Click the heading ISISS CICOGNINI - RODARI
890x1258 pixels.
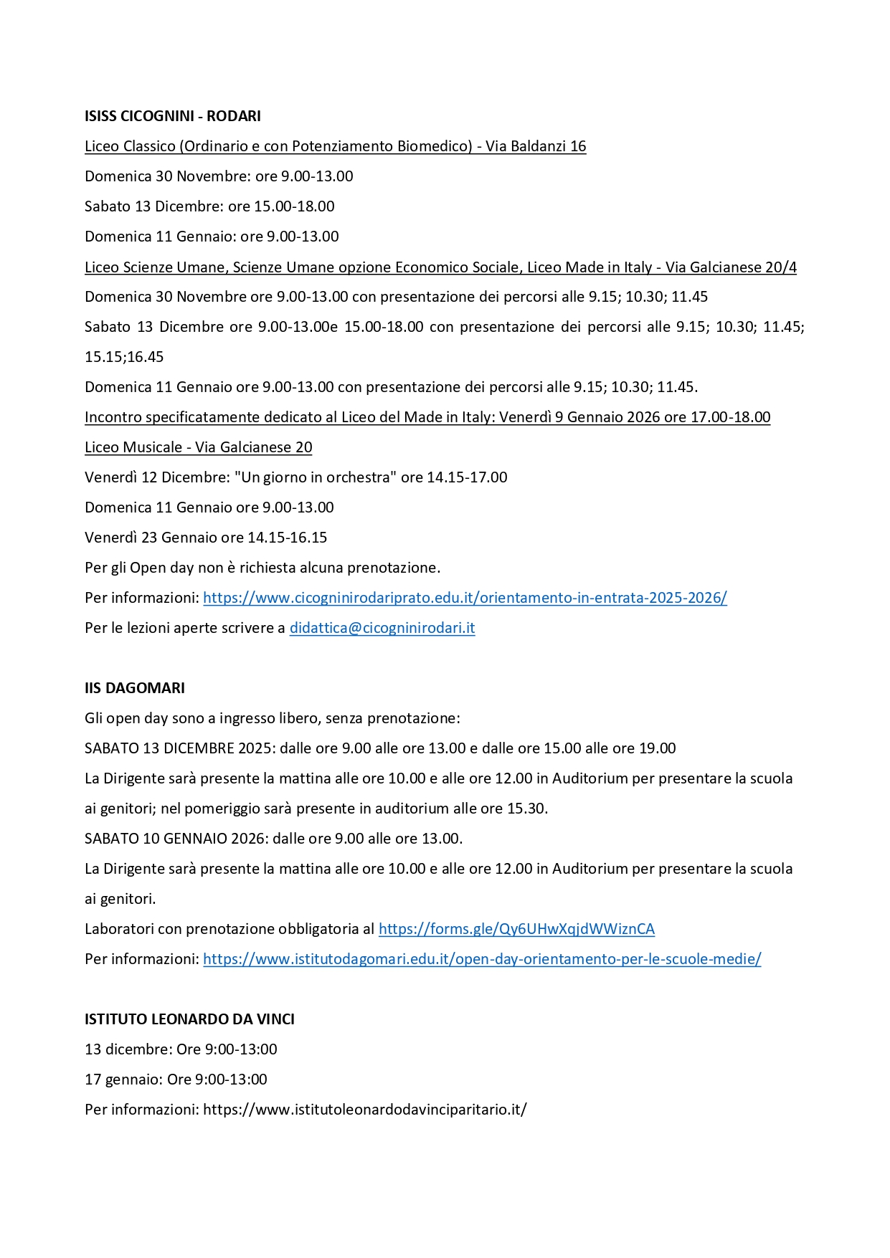pos(172,116)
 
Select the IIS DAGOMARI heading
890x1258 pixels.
pos(135,688)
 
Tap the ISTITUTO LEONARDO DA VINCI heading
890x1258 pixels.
pos(189,1019)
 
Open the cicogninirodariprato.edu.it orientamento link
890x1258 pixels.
pos(465,598)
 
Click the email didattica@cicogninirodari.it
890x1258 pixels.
pos(382,628)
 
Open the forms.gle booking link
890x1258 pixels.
pos(516,929)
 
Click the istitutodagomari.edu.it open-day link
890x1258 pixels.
pos(482,959)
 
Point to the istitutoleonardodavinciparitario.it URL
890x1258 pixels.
pos(365,1110)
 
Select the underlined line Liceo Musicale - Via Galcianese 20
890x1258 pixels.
pos(199,447)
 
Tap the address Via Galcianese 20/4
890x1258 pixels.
pos(731,267)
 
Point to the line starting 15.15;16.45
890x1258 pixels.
pos(124,357)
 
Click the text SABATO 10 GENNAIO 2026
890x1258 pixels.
pos(179,839)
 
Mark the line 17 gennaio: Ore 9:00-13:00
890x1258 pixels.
pos(176,1080)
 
